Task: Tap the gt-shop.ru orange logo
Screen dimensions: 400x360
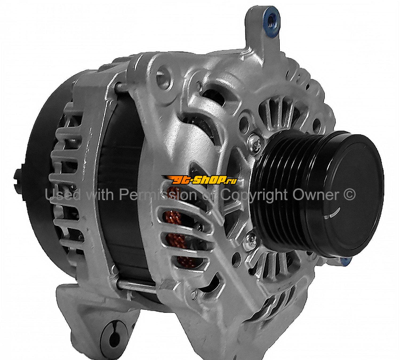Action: pyautogui.click(x=200, y=180)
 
